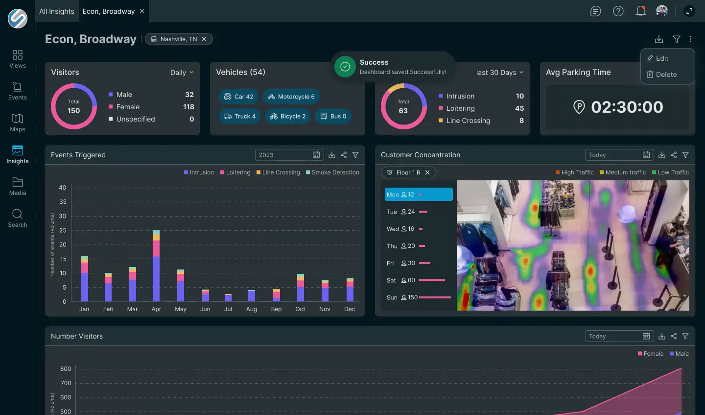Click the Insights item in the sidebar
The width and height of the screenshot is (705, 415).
click(18, 154)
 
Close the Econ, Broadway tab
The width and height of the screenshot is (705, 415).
click(142, 11)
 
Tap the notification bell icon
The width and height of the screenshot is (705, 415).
click(640, 11)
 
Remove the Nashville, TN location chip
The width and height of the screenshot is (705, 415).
click(204, 39)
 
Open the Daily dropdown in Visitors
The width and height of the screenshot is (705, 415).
click(182, 73)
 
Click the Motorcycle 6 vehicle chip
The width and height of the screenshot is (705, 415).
click(291, 97)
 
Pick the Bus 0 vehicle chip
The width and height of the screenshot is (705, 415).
click(333, 116)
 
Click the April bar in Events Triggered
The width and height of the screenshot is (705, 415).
click(156, 266)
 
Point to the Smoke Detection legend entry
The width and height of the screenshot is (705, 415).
click(332, 172)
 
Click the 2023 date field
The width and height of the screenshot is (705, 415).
click(289, 155)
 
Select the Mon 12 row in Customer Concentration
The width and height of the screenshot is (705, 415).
click(419, 195)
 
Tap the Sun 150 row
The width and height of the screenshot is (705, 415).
click(419, 297)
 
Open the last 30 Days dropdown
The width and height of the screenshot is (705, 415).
click(499, 73)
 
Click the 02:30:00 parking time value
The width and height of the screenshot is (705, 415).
click(627, 107)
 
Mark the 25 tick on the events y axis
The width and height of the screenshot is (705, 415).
click(63, 230)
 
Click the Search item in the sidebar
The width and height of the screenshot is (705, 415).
click(18, 218)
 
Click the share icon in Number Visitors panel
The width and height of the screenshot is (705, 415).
click(674, 336)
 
